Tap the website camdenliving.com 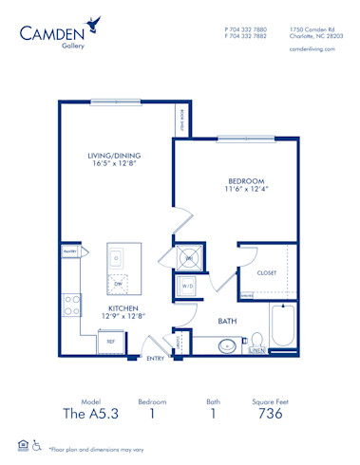(311, 48)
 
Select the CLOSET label (267, 273)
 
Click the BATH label (227, 322)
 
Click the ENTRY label (155, 358)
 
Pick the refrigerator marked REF (110, 341)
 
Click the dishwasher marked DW (118, 283)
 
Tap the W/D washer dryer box (187, 286)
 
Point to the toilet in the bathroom (256, 341)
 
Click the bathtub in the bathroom (283, 325)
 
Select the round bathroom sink (226, 345)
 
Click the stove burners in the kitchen (70, 305)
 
